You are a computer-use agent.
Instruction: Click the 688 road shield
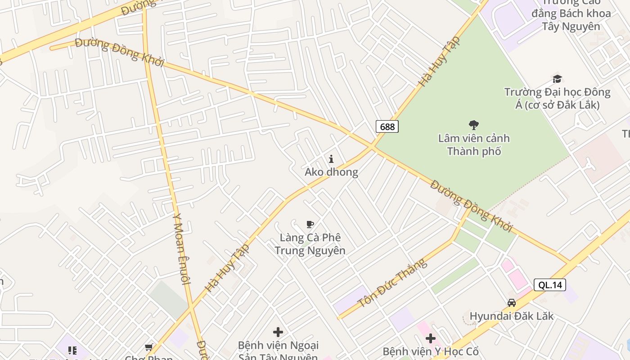(x=387, y=126)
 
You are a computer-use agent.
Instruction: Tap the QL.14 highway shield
(x=550, y=285)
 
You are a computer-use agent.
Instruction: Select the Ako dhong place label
(x=331, y=172)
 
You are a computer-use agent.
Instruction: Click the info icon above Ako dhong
(x=331, y=159)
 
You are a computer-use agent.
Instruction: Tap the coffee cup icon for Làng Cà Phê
(x=310, y=224)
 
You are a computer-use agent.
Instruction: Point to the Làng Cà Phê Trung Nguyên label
(x=310, y=244)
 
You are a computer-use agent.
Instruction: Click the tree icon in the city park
(x=473, y=125)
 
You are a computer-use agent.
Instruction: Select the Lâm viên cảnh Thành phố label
(x=474, y=144)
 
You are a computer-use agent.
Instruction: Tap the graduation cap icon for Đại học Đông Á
(x=557, y=79)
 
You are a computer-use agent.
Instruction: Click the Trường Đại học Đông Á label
(x=557, y=99)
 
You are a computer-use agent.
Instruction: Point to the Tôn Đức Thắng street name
(x=392, y=283)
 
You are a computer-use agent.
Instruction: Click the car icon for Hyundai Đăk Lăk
(x=512, y=303)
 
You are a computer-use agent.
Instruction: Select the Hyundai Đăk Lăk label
(x=512, y=316)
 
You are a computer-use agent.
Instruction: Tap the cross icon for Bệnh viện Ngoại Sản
(x=278, y=332)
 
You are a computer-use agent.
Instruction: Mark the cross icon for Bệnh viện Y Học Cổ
(x=431, y=338)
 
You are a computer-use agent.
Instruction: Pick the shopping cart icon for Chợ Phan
(x=148, y=347)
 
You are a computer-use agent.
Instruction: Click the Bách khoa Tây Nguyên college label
(x=571, y=19)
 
